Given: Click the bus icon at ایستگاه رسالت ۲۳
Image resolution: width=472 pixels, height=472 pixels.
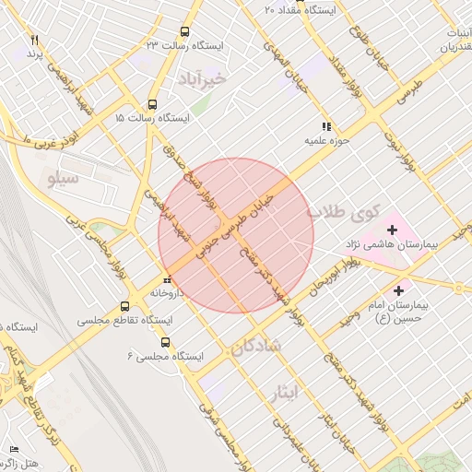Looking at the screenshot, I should pyautogui.click(x=186, y=31).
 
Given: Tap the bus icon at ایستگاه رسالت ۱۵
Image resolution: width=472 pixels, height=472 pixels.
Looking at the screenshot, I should pyautogui.click(x=153, y=104).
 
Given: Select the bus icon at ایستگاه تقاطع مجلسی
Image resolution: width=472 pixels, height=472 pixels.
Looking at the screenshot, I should pyautogui.click(x=125, y=307).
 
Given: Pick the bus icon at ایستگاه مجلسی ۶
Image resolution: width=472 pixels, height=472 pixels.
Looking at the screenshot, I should pyautogui.click(x=165, y=341).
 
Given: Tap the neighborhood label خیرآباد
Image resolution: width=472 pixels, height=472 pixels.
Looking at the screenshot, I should pyautogui.click(x=230, y=77).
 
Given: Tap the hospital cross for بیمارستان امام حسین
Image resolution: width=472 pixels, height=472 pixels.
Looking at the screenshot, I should pyautogui.click(x=398, y=291).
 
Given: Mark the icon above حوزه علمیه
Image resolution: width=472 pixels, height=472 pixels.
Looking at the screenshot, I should pyautogui.click(x=325, y=126).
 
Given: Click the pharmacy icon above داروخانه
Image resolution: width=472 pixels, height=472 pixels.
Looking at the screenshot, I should pyautogui.click(x=167, y=280).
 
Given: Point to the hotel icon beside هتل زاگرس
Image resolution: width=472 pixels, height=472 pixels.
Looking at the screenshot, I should pyautogui.click(x=13, y=449).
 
